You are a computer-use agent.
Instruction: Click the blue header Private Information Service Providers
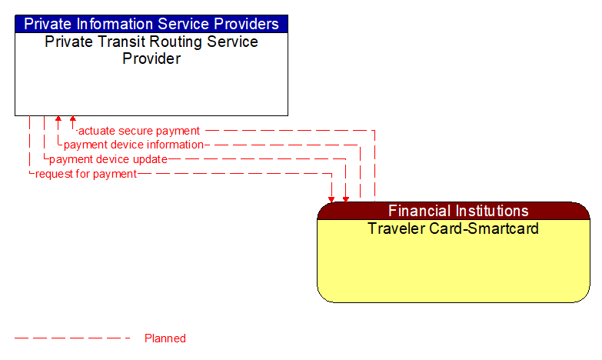[x=151, y=24]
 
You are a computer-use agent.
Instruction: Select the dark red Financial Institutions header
[x=458, y=211]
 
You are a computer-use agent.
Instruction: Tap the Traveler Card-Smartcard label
[x=453, y=228]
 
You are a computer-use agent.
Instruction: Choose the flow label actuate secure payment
[x=139, y=131]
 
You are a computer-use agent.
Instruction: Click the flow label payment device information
[x=133, y=145]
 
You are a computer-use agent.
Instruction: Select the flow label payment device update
[x=108, y=159]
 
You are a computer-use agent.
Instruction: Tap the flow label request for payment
[x=86, y=174]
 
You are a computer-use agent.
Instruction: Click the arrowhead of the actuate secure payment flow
[x=73, y=120]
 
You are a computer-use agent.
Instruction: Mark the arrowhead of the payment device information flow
[x=58, y=120]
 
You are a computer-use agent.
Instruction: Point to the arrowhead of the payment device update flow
[x=346, y=198]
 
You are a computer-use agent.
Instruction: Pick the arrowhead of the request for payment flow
[x=331, y=198]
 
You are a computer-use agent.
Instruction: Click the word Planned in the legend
[x=165, y=338]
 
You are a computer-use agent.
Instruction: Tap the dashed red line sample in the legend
[x=73, y=338]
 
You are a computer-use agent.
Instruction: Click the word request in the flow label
[x=55, y=174]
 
